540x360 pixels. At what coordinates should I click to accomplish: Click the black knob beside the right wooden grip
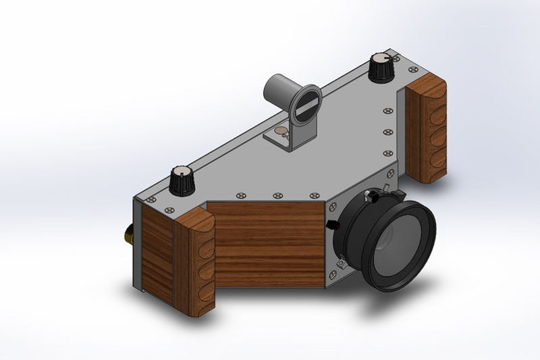point(382,68)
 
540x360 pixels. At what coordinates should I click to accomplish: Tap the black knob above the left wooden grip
point(182,181)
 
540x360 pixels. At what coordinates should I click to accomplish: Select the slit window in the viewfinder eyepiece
point(307,105)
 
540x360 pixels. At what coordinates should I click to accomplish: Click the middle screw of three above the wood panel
point(277,196)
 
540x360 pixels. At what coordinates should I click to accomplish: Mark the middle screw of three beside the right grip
point(387,132)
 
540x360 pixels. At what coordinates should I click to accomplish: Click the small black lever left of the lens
point(331,224)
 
